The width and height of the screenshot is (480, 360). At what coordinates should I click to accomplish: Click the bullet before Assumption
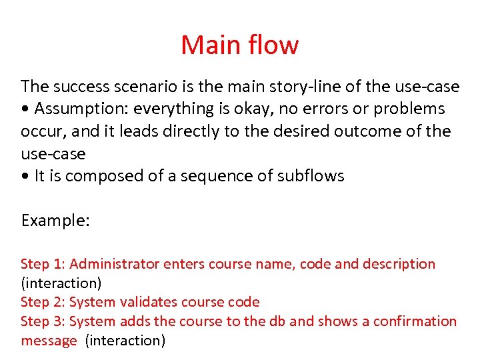25,109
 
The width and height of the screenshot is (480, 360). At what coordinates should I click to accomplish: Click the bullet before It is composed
25,176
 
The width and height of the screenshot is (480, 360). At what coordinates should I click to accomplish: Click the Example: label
55,221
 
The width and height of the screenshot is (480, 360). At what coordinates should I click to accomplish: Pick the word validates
148,302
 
